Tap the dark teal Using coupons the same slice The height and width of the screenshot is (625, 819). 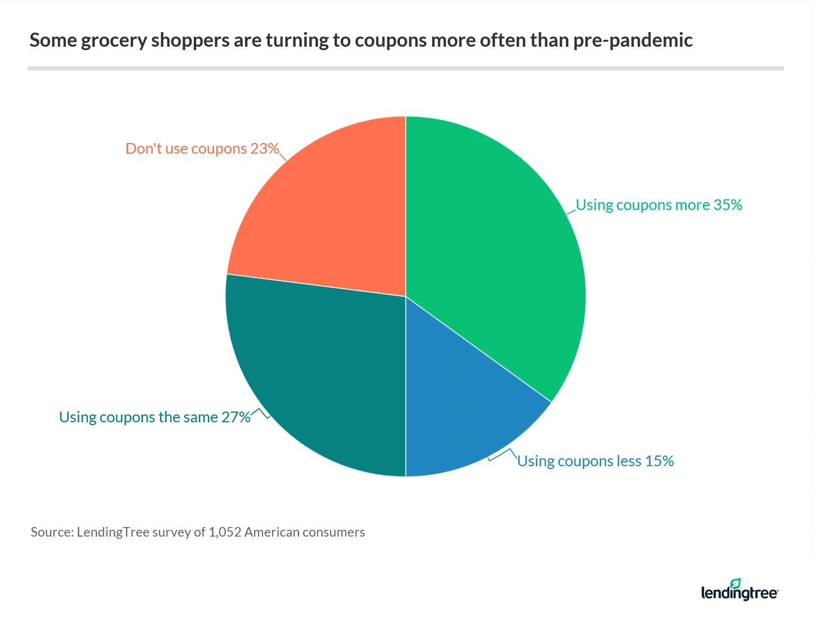(321, 372)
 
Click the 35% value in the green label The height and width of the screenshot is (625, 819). (728, 205)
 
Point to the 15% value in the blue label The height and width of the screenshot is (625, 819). (660, 461)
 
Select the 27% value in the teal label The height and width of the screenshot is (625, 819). (235, 417)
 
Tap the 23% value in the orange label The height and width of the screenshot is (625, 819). (265, 149)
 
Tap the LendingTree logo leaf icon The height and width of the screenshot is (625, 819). (736, 583)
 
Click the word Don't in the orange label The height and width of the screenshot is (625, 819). (143, 149)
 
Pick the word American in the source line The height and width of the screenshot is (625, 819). (272, 533)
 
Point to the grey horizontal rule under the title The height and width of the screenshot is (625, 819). (406, 69)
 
